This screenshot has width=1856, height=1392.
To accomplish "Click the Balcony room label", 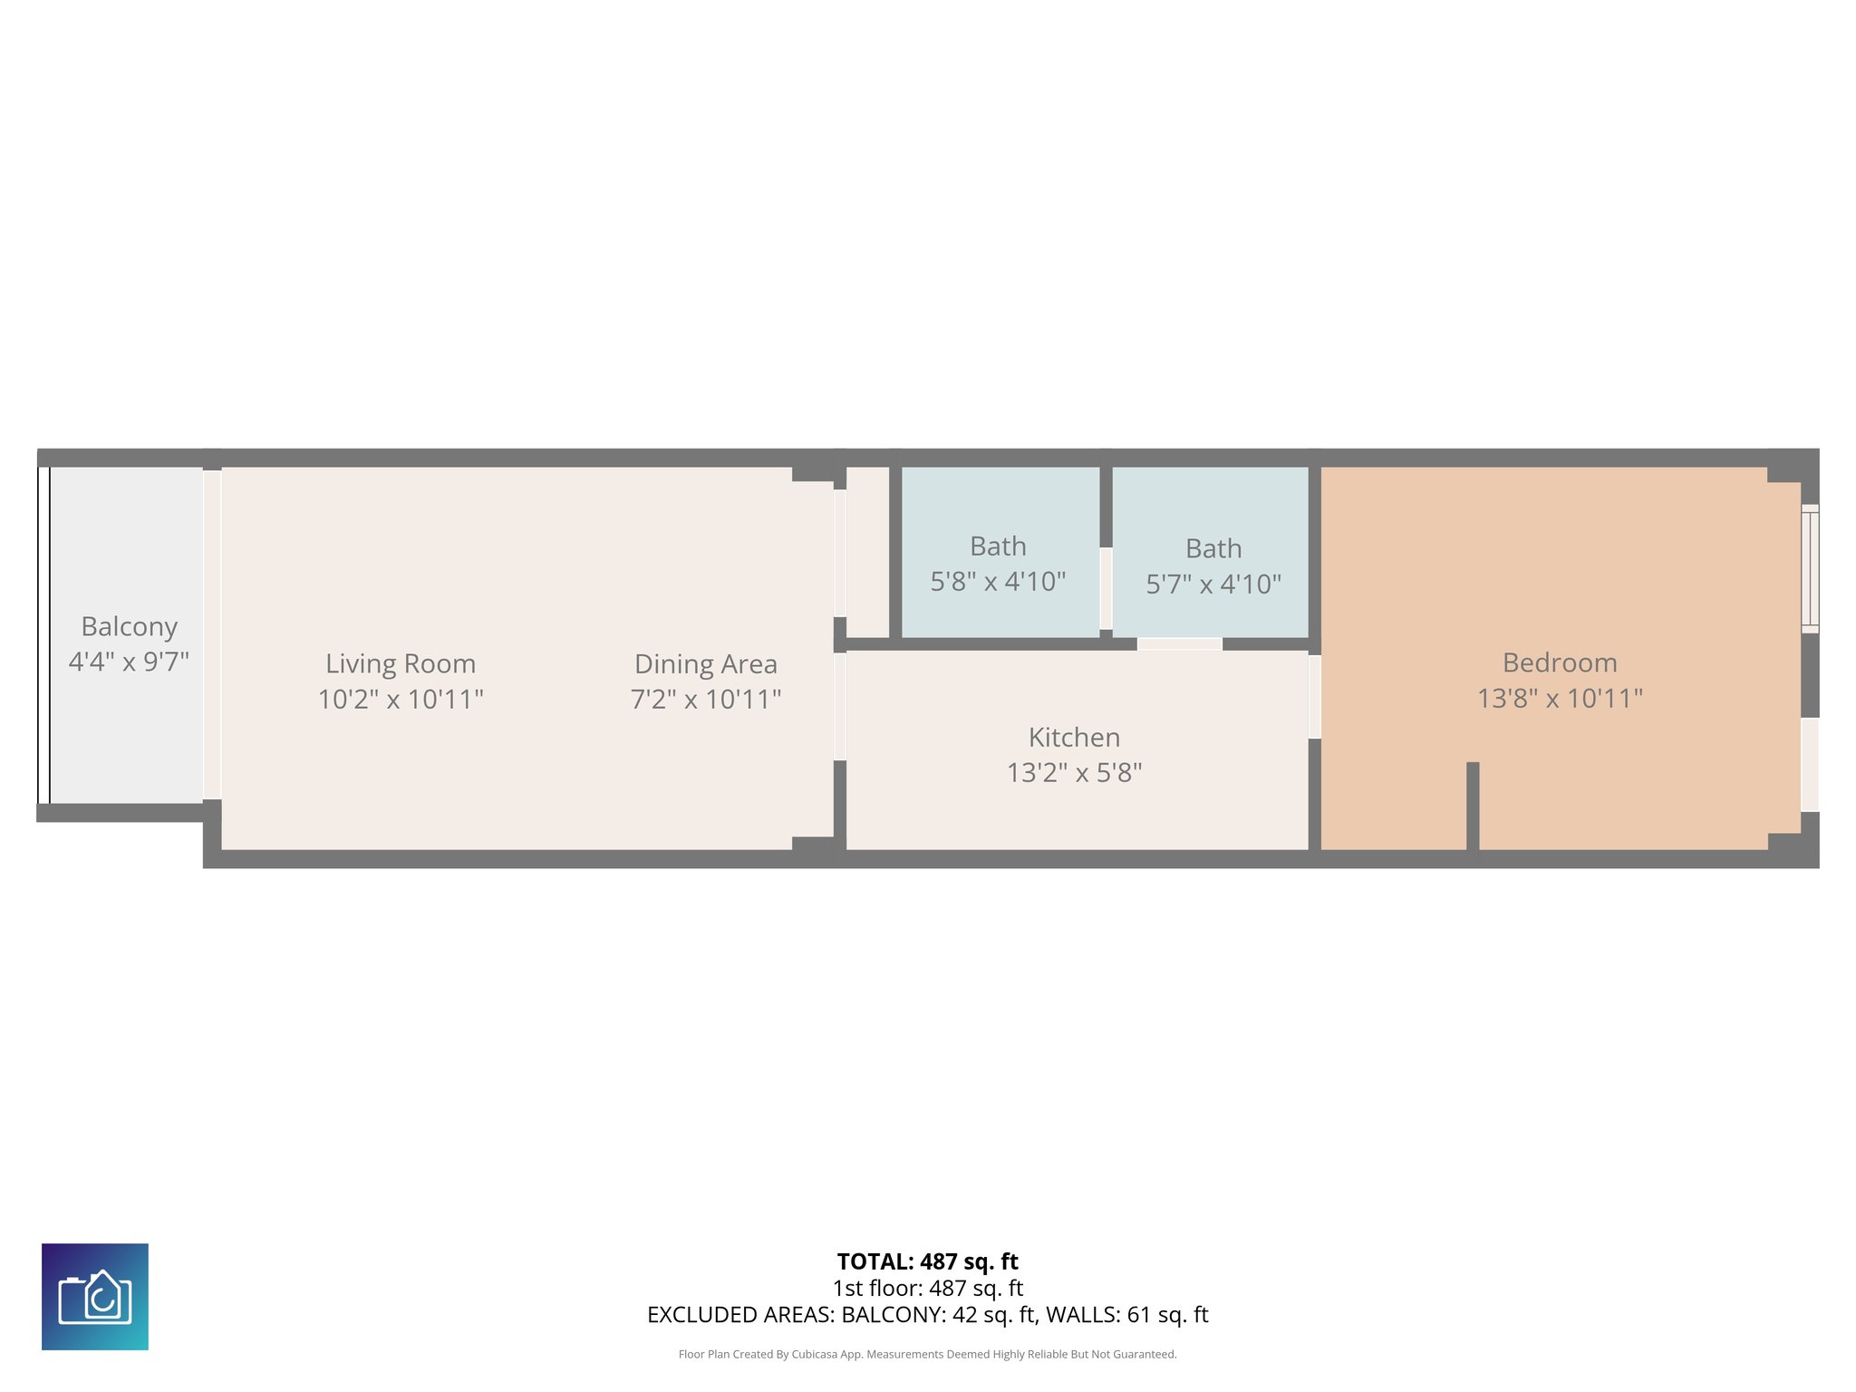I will (x=129, y=626).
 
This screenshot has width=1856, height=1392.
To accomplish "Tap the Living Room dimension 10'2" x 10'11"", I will (x=401, y=699).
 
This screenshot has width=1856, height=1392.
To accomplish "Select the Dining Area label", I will (x=705, y=663).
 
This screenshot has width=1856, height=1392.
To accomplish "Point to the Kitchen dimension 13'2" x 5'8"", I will (x=1074, y=772).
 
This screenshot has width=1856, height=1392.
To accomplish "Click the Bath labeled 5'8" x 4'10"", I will (x=998, y=563).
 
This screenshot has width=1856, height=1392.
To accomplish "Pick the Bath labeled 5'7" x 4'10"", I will (x=1213, y=565).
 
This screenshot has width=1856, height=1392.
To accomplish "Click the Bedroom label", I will (x=1559, y=662).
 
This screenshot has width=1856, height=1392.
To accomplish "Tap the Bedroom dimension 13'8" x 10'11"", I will (x=1559, y=698).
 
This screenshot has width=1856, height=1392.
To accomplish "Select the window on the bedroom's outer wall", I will (x=1809, y=568).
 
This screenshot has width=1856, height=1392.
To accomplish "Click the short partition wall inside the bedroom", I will (x=1473, y=806).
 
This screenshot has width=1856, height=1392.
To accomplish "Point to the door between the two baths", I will (x=1106, y=589).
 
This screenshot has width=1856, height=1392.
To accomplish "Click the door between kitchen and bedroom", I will (x=1314, y=696).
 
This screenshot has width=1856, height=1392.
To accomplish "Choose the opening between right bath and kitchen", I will (x=1179, y=644).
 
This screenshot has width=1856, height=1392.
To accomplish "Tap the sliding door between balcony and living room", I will (x=212, y=634).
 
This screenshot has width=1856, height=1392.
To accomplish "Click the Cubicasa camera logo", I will (x=95, y=1296).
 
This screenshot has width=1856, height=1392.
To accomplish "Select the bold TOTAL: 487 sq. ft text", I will (x=927, y=1261).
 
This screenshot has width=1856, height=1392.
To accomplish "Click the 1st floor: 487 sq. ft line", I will (x=927, y=1288).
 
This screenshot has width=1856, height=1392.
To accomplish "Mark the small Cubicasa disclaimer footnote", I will (x=927, y=1354).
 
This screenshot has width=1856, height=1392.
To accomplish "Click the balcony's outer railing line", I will (x=43, y=634).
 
